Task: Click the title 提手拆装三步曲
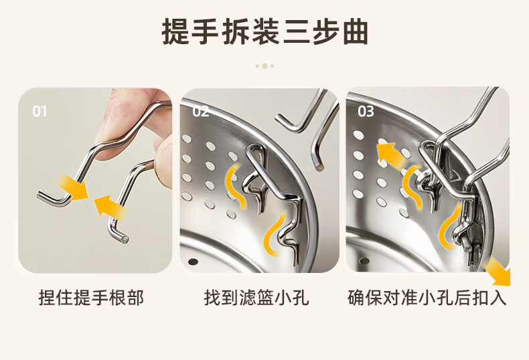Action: (x=264, y=32)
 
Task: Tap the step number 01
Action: (x=40, y=112)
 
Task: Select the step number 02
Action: (x=200, y=112)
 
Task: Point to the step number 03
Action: (x=366, y=111)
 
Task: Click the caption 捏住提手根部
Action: (x=91, y=298)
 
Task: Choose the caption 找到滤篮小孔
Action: (x=256, y=298)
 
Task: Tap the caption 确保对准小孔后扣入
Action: (x=427, y=298)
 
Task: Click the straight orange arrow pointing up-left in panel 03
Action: (x=391, y=156)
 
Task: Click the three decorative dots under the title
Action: (x=264, y=66)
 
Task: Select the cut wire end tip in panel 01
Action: (x=125, y=240)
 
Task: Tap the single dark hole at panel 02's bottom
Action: (x=193, y=262)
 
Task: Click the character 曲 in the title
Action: (x=356, y=32)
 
